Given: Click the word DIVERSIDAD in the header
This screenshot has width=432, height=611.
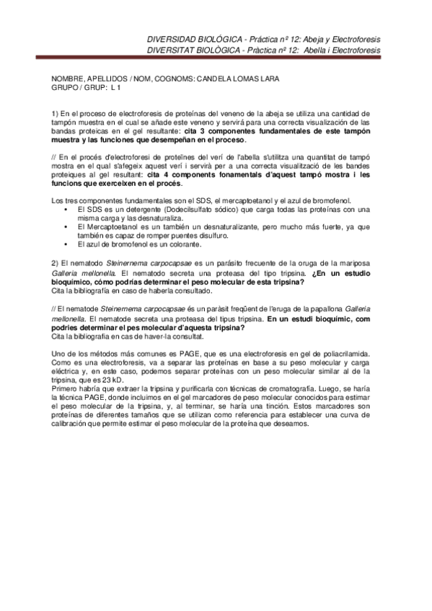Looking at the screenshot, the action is pyautogui.click(x=170, y=37).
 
